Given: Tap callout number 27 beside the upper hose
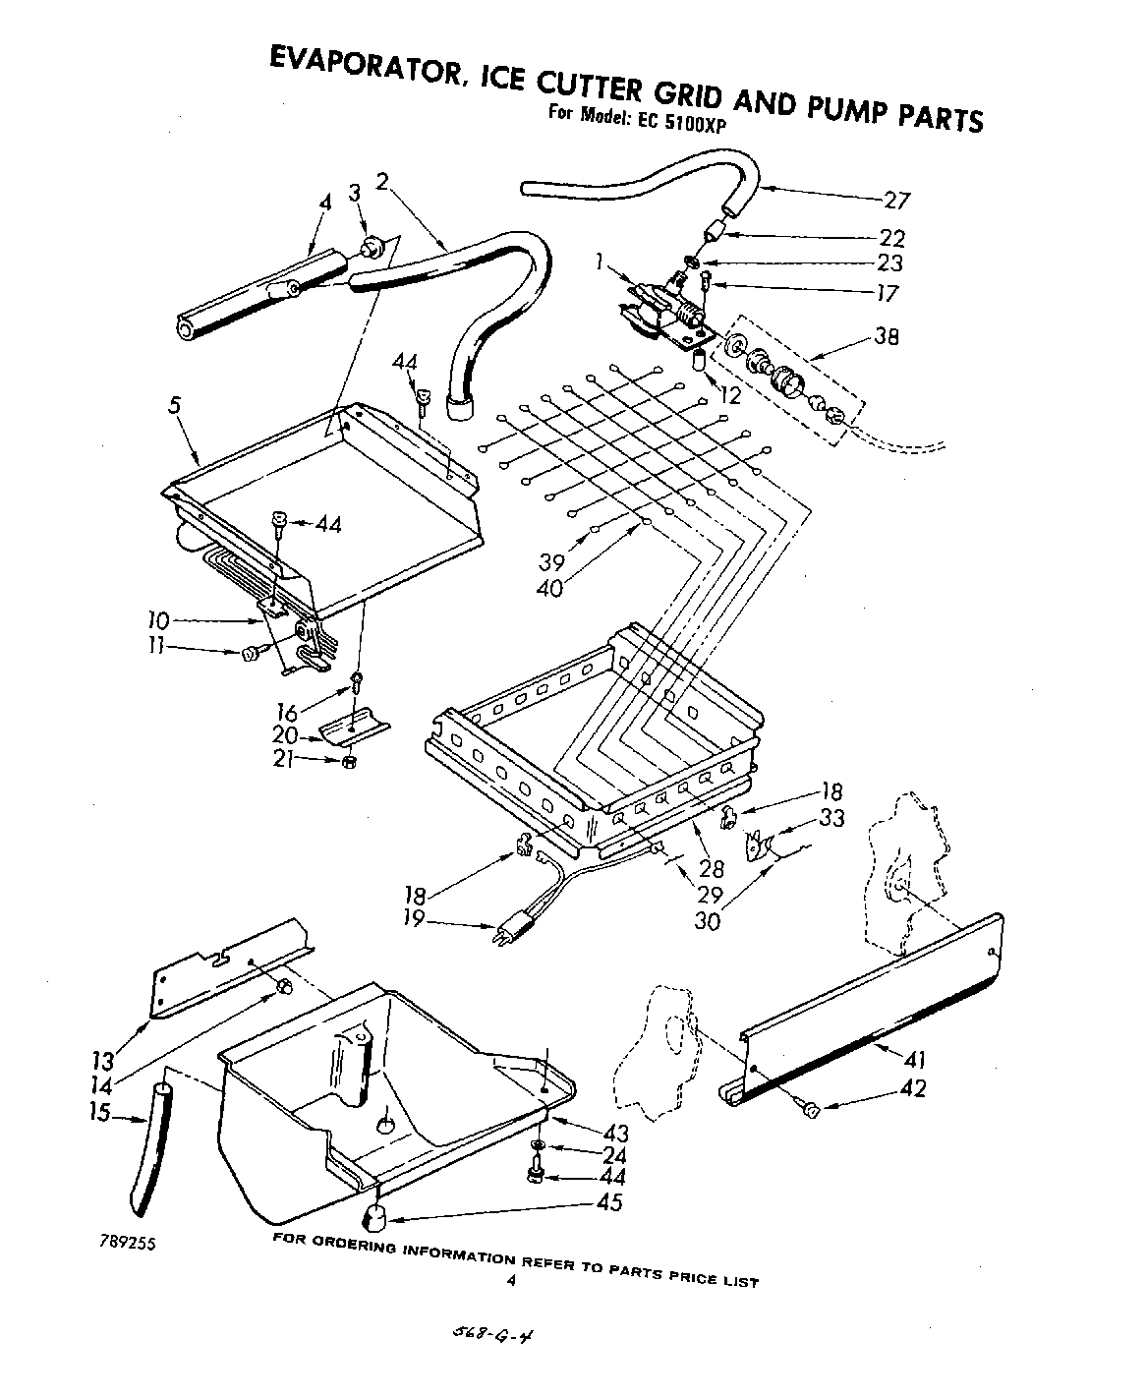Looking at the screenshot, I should click(897, 201).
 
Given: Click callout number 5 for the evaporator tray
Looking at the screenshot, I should click(173, 404).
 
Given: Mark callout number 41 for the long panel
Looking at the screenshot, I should click(913, 1060).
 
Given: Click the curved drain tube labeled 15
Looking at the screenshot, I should click(150, 1147).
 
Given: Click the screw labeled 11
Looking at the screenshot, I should click(250, 652).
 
